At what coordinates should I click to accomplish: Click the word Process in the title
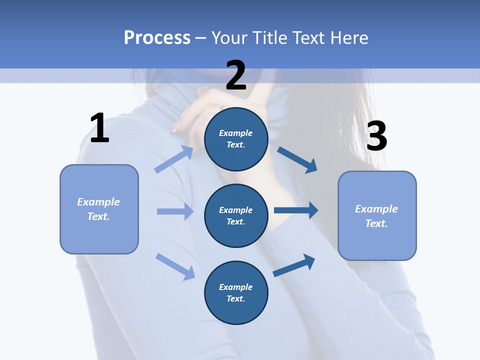coord(157,38)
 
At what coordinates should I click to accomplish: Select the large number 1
coord(99,128)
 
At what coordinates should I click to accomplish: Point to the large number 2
coord(236,75)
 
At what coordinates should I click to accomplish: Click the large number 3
coord(376,136)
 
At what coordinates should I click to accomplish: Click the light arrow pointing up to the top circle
coord(174,159)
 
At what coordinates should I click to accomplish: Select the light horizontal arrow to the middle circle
coord(175,211)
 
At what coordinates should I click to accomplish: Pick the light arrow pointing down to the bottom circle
coord(175,266)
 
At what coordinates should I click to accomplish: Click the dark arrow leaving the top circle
coord(297,159)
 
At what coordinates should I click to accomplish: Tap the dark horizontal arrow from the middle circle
coord(296,210)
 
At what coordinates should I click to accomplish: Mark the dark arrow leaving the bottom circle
coord(294,265)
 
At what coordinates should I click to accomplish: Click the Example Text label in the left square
coord(98,209)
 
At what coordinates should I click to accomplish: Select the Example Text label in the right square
coord(376,216)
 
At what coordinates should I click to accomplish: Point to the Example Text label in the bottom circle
coord(236,292)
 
